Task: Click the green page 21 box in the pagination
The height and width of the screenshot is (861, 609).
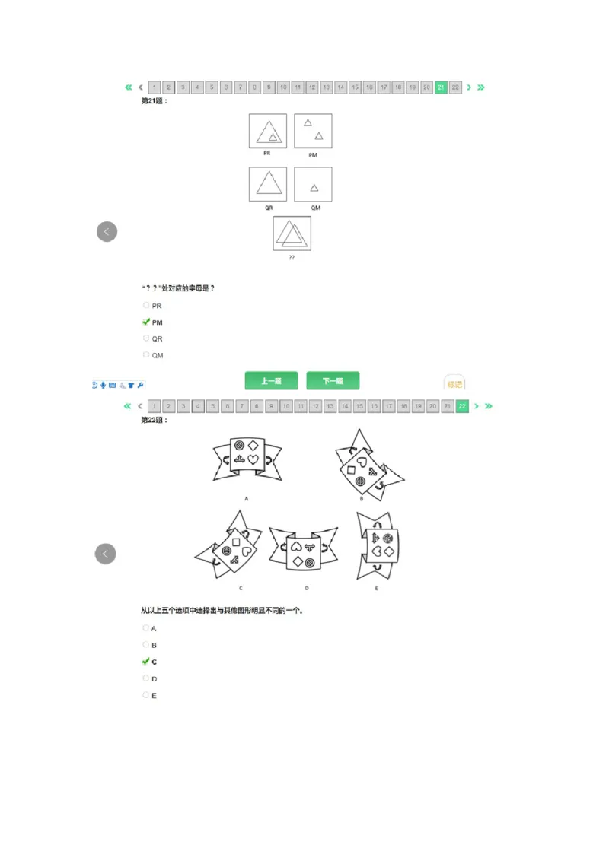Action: point(441,87)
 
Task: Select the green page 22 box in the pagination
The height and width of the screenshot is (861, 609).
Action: point(462,406)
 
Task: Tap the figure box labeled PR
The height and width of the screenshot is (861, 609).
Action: point(268,132)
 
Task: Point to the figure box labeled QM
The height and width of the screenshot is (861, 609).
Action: point(313,185)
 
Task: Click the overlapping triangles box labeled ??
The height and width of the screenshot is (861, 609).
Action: point(292,234)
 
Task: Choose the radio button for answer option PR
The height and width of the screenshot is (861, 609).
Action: point(146,306)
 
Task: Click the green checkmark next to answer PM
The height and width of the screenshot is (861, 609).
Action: point(146,322)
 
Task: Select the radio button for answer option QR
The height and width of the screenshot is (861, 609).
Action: point(146,338)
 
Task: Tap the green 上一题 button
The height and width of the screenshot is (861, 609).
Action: point(271,381)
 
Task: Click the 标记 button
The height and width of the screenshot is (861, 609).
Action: point(454,384)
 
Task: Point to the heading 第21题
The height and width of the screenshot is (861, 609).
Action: point(154,100)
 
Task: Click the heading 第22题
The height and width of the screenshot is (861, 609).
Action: point(154,420)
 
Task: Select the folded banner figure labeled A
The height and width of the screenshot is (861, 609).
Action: point(247,459)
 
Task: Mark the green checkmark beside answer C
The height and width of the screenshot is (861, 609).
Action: point(146,662)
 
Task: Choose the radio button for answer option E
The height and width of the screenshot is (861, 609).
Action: point(146,695)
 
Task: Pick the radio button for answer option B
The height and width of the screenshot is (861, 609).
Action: point(146,645)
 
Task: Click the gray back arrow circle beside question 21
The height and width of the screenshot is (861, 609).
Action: point(107,232)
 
